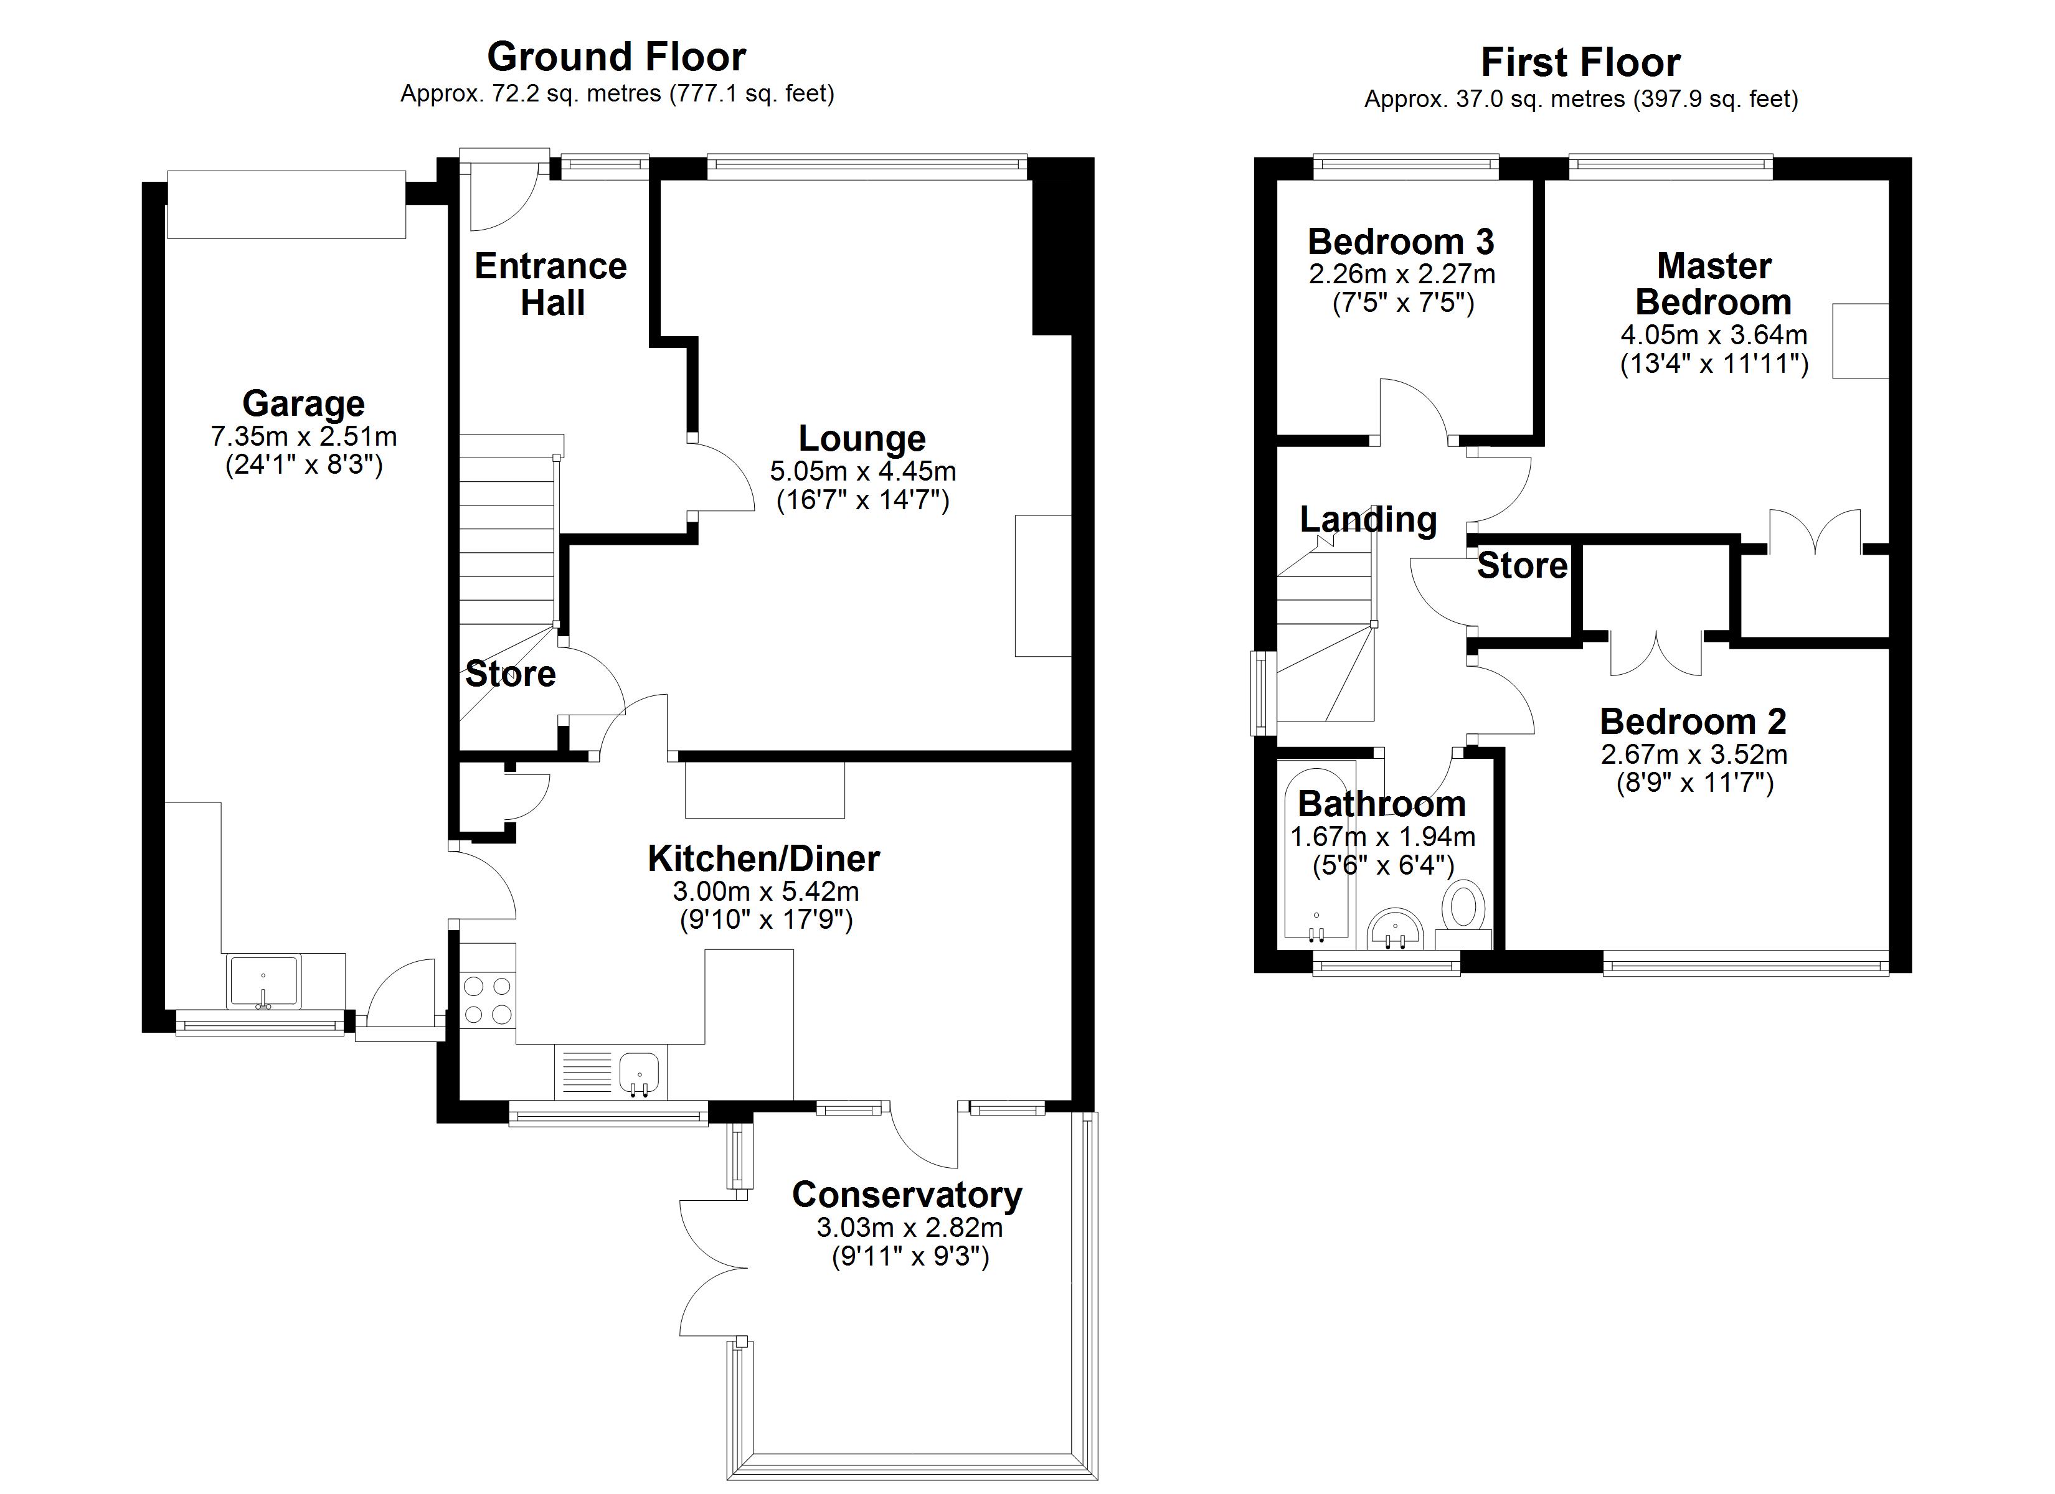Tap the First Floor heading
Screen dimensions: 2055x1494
click(x=1580, y=62)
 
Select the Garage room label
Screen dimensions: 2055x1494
click(x=303, y=403)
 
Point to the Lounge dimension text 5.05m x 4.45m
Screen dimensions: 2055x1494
click(x=862, y=471)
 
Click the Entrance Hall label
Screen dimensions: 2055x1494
click(x=551, y=284)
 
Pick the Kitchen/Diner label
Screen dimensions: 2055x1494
click(x=764, y=858)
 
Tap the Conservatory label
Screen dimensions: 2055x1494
click(x=907, y=1195)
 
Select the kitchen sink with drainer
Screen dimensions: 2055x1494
click(x=611, y=1072)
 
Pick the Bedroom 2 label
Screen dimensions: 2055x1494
click(x=1693, y=721)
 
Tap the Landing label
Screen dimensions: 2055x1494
click(x=1368, y=520)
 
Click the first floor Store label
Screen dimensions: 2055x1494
click(x=1522, y=565)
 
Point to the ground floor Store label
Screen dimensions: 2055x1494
click(x=510, y=674)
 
